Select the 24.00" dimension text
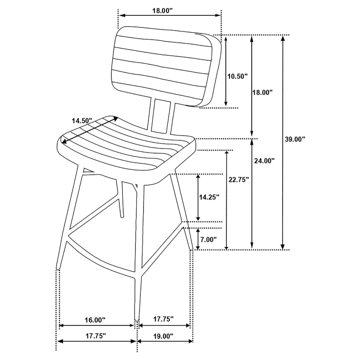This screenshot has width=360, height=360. pos(265,160)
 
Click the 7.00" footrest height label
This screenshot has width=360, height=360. pos(208,239)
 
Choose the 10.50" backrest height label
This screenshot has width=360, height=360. pos(237,76)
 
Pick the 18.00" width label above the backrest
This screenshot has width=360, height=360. pos(162,10)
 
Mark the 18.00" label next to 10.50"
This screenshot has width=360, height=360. pos(262,92)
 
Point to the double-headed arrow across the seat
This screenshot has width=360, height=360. pos(90,131)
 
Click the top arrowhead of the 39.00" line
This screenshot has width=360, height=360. pos(283,38)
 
